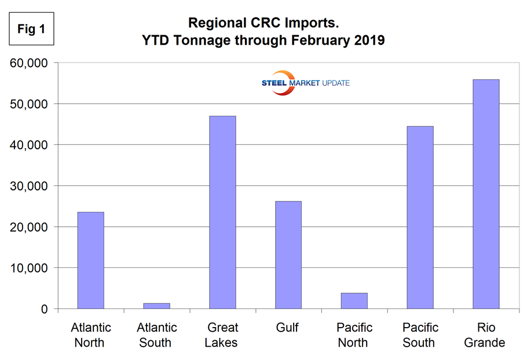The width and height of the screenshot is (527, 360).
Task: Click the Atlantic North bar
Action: click(x=91, y=260)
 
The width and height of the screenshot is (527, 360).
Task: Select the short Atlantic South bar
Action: click(x=156, y=306)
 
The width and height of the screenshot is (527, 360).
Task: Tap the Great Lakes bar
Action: click(x=222, y=212)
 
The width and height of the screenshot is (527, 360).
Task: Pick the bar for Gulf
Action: click(x=288, y=255)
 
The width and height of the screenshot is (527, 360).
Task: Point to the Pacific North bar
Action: click(x=354, y=301)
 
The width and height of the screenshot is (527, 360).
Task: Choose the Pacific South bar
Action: click(x=419, y=218)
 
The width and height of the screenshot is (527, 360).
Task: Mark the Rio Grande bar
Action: click(x=485, y=194)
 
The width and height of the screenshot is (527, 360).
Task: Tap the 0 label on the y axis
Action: click(x=44, y=309)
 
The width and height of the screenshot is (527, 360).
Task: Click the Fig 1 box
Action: click(x=31, y=30)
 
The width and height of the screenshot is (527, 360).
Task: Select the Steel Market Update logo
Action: click(x=305, y=83)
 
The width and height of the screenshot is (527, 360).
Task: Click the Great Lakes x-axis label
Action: click(x=222, y=335)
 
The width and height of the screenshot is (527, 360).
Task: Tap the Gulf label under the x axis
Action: click(x=287, y=328)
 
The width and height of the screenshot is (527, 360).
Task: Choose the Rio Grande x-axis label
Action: click(x=485, y=335)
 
